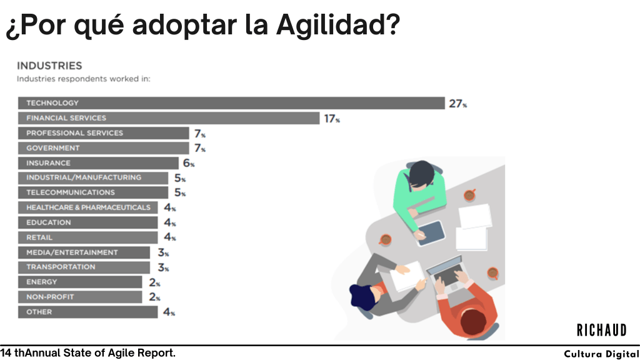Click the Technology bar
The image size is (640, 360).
(x=231, y=103)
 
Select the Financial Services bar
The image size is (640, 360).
(x=168, y=118)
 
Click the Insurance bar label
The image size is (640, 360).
(x=48, y=163)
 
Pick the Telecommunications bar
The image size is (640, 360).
(x=93, y=192)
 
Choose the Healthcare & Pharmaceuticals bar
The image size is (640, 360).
(x=87, y=207)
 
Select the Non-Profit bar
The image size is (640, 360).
(x=80, y=297)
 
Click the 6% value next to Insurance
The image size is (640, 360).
(x=188, y=163)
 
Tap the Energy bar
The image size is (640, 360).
(x=80, y=282)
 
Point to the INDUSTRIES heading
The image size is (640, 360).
(x=49, y=65)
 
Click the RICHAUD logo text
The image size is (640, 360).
(x=601, y=329)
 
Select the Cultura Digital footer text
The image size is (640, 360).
(x=601, y=354)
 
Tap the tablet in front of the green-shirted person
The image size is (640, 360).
(x=431, y=232)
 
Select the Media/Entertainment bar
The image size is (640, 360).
(x=84, y=252)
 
